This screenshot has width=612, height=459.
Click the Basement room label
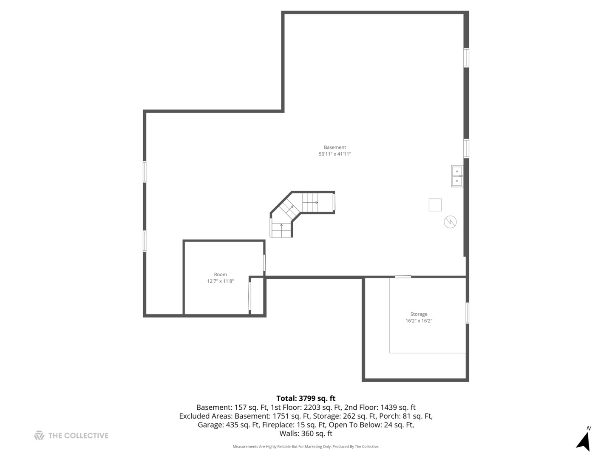(335, 147)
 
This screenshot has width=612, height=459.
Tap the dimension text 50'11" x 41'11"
(335, 154)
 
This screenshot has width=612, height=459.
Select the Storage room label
(419, 314)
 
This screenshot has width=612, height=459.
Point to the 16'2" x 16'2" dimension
(419, 321)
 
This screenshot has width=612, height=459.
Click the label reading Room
(220, 275)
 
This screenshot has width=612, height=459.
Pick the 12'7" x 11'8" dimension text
(220, 281)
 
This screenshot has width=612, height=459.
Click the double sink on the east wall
(457, 176)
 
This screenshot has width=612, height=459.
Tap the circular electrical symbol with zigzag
(450, 222)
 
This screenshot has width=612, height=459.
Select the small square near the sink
(435, 205)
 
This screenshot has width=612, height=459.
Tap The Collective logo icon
(39, 435)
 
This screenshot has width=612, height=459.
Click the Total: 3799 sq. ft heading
(306, 398)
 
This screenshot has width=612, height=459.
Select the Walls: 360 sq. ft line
(306, 434)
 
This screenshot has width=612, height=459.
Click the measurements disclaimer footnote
(306, 447)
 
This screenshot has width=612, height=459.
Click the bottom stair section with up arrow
(281, 230)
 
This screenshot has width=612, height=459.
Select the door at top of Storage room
(403, 277)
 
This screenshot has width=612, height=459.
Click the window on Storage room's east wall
(467, 313)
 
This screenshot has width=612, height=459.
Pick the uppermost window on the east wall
(466, 58)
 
